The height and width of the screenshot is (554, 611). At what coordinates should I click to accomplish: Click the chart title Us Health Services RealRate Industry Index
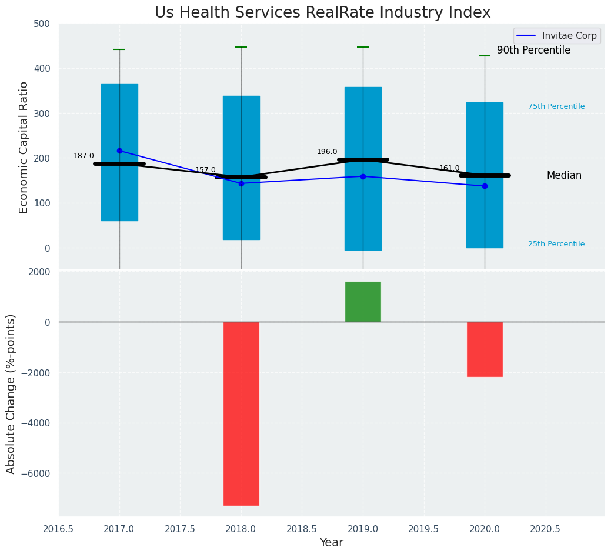tap(322, 13)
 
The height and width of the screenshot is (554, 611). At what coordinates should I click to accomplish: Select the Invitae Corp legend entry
tap(555, 36)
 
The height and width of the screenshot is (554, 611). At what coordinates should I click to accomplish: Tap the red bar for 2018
tap(241, 413)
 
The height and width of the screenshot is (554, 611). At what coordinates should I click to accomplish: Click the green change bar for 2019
tap(363, 302)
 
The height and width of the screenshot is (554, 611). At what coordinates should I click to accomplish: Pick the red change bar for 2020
tap(485, 349)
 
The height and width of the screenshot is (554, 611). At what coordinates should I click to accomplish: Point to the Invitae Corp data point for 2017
tap(119, 151)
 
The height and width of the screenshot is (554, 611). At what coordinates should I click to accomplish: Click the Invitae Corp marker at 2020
tap(485, 186)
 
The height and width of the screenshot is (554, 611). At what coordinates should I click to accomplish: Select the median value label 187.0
tap(84, 156)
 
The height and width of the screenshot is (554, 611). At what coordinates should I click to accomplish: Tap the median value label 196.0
tap(327, 152)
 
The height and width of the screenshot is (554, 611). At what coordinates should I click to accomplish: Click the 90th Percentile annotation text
tap(533, 51)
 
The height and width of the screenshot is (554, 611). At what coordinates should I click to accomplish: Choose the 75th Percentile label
tap(556, 106)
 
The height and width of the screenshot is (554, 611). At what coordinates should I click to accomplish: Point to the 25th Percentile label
tap(556, 244)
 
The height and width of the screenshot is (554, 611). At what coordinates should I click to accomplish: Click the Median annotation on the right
tap(564, 175)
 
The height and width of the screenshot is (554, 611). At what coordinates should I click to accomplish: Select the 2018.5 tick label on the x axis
tap(302, 529)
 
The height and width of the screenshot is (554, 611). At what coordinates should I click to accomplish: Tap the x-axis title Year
tap(332, 543)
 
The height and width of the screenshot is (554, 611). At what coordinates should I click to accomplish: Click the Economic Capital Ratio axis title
tap(24, 147)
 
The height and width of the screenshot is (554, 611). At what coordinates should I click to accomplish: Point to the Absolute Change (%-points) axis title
tap(11, 393)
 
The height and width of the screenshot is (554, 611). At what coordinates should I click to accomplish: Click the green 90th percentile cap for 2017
tap(119, 49)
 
